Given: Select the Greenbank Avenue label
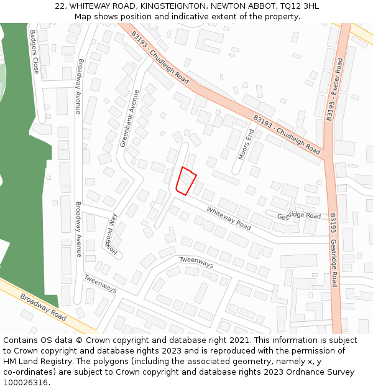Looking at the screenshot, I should (x=131, y=119).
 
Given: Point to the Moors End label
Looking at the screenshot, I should (x=245, y=143).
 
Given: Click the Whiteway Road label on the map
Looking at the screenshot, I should (x=229, y=218).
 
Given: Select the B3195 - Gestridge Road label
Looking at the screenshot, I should (x=334, y=250).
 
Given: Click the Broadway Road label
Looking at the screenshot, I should (x=43, y=307).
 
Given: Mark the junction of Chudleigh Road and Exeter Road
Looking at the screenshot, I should (x=326, y=157).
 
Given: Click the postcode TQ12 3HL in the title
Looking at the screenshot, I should (x=298, y=6).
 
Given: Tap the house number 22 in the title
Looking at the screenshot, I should (x=60, y=6).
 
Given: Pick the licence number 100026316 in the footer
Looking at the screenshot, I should (x=26, y=382).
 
